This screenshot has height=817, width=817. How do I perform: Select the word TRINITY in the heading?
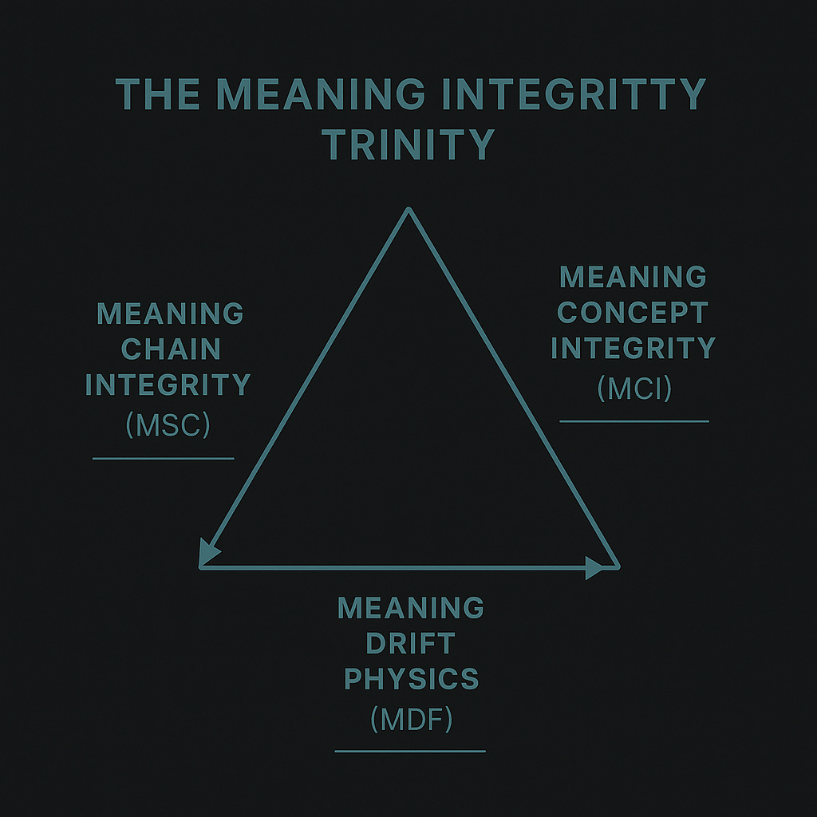pos(408,144)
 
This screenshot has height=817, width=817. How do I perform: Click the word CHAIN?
pos(170,349)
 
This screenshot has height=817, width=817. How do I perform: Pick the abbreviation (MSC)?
pos(168,425)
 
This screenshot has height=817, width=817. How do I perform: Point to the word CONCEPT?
pos(633,313)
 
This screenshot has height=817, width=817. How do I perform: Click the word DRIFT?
pos(410,643)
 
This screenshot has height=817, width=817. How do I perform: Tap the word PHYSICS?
pos(411,679)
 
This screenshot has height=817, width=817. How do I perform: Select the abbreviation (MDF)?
pos(411,720)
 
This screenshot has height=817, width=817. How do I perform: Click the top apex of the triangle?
pos(408,210)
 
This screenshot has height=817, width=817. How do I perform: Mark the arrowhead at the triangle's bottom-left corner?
pos(209,553)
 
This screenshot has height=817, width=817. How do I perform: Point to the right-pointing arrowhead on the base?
pos(594,567)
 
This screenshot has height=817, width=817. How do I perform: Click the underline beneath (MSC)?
pos(164,459)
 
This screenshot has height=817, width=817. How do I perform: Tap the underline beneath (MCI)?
pos(634,420)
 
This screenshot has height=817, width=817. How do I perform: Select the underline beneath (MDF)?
pos(410,751)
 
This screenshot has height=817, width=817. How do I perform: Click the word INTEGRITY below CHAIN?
pos(168,385)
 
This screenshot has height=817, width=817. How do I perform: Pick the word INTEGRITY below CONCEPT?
pos(633,349)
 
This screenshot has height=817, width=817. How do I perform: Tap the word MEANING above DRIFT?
pos(411,608)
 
